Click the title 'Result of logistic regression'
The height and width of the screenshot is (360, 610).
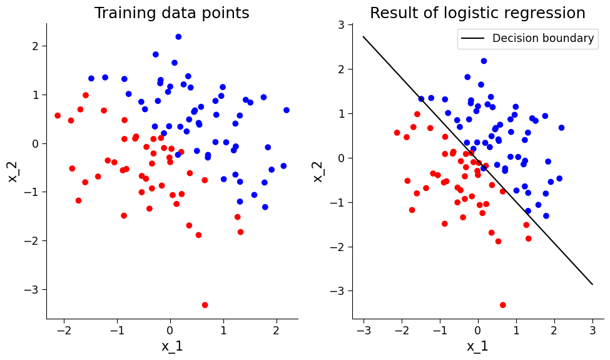(477, 13)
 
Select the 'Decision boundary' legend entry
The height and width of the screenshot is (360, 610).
(542, 38)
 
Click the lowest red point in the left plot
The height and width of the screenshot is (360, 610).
(205, 305)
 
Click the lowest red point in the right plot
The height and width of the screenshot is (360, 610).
(503, 305)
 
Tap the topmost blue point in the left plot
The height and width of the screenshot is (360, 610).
(178, 37)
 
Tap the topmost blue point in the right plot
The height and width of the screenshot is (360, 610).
(484, 61)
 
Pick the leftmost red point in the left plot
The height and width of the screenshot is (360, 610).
(58, 116)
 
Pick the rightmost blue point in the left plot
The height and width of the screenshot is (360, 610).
(287, 110)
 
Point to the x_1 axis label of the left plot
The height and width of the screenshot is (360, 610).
(171, 346)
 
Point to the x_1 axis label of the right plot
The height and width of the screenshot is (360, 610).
(477, 346)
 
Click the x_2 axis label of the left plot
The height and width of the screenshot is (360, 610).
(13, 170)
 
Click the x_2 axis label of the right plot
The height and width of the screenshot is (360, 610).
(318, 170)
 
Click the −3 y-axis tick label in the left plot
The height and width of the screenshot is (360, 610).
(33, 290)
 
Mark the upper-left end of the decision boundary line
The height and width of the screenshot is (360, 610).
(363, 36)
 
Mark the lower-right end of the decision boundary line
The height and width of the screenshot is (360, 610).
(592, 284)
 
